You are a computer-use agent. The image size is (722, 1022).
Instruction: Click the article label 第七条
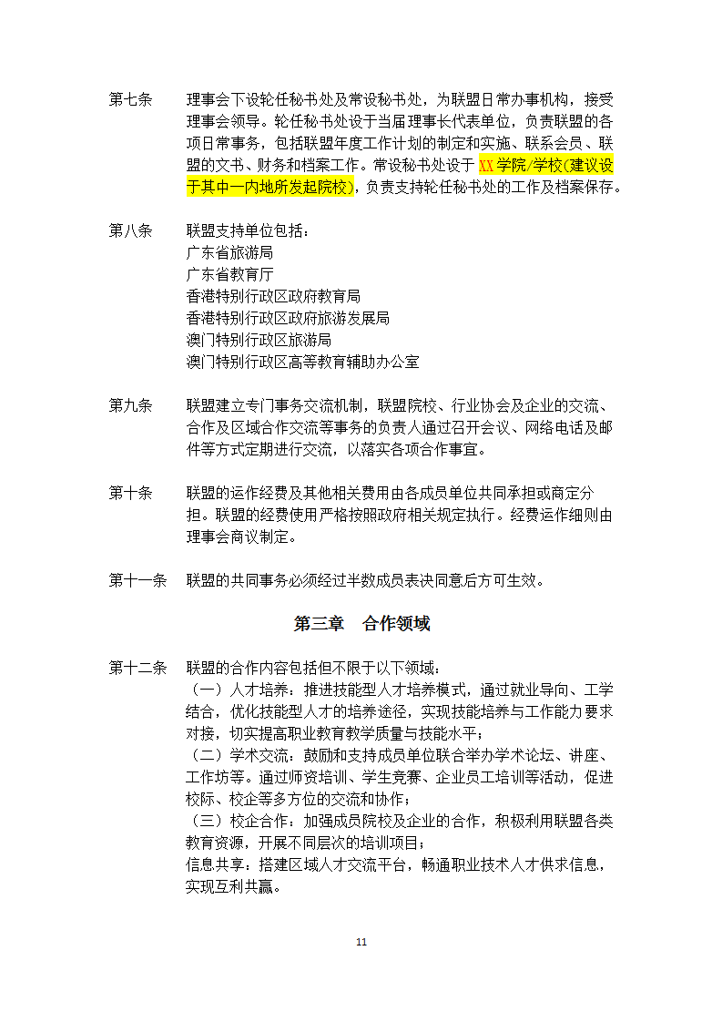pos(130,99)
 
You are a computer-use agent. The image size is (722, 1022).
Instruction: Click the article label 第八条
pos(130,230)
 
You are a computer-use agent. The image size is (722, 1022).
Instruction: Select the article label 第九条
pos(130,405)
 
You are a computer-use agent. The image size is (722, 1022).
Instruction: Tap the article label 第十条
pos(130,493)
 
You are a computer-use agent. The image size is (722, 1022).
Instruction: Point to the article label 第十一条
pos(137,580)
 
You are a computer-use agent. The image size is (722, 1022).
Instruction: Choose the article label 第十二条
pos(137,668)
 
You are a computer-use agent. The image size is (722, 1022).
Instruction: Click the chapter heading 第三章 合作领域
pos(361,624)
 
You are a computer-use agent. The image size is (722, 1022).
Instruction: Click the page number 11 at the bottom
pos(361,942)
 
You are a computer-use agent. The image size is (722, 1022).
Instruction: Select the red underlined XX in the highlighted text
pos(486,166)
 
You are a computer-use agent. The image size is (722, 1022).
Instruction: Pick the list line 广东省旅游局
pos(229,252)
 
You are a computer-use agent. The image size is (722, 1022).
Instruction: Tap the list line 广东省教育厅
pos(229,274)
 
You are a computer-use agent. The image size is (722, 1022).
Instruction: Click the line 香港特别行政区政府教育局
pos(273,296)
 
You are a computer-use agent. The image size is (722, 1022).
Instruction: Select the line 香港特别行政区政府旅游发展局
pos(288,318)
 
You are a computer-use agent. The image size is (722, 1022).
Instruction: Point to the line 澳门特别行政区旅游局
pos(259,340)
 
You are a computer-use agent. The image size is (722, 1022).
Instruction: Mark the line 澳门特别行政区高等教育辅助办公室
pos(302,362)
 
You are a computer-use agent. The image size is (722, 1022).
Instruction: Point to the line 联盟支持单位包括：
pos(248,230)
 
